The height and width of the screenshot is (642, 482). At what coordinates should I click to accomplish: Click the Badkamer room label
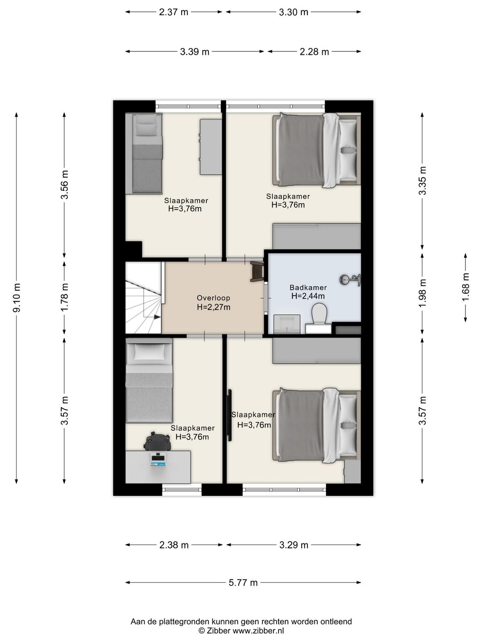pyautogui.click(x=308, y=288)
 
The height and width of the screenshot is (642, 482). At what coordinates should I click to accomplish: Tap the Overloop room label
pyautogui.click(x=213, y=298)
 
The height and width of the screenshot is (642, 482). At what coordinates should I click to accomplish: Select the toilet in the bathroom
pyautogui.click(x=319, y=313)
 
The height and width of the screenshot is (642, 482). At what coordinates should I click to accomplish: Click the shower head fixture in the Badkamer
pyautogui.click(x=350, y=280)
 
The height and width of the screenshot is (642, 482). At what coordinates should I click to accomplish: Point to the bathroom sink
pyautogui.click(x=287, y=324)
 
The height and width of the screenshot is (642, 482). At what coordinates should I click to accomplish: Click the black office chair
pyautogui.click(x=157, y=441)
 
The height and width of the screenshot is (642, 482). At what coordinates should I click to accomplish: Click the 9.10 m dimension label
pyautogui.click(x=17, y=297)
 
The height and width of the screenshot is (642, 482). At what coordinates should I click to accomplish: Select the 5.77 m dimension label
pyautogui.click(x=243, y=583)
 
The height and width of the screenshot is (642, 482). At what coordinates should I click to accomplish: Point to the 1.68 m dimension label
pyautogui.click(x=465, y=287)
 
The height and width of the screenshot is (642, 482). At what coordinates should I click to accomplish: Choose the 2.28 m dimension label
pyautogui.click(x=314, y=52)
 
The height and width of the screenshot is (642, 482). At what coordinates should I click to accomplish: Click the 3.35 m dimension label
pyautogui.click(x=422, y=180)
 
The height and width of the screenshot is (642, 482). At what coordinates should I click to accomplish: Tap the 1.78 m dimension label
pyautogui.click(x=64, y=297)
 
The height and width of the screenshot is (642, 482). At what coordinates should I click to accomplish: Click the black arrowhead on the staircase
pyautogui.click(x=157, y=317)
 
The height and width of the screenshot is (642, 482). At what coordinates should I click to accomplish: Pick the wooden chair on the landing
pyautogui.click(x=257, y=272)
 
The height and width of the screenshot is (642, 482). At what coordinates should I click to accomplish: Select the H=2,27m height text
pyautogui.click(x=213, y=307)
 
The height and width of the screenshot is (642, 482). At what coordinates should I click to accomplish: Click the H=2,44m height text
pyautogui.click(x=308, y=296)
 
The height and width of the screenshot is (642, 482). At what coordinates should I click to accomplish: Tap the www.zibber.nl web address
pyautogui.click(x=258, y=630)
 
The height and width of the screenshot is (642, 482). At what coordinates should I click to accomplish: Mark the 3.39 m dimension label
pyautogui.click(x=195, y=52)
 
